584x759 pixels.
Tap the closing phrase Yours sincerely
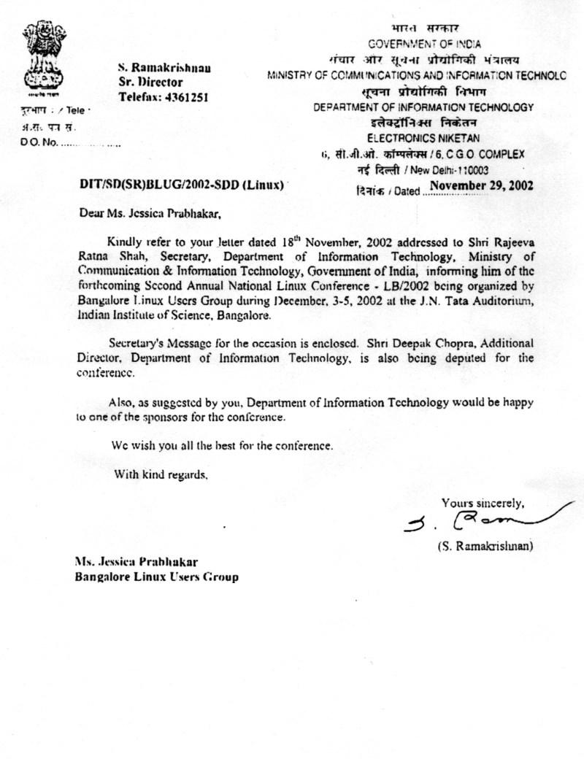pos(482,503)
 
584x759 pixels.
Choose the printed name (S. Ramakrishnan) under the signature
pos(485,545)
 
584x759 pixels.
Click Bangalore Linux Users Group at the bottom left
pos(156,577)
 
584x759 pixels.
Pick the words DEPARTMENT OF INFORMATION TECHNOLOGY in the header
pos(423,107)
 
